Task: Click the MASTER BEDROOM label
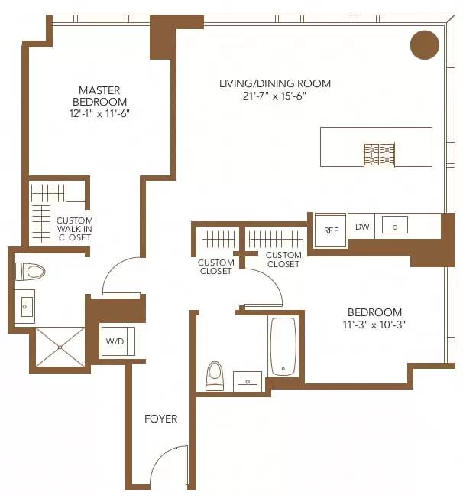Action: pyautogui.click(x=100, y=96)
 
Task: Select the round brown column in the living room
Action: pyautogui.click(x=425, y=44)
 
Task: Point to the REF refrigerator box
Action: pyautogui.click(x=331, y=230)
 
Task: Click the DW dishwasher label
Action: pyautogui.click(x=362, y=227)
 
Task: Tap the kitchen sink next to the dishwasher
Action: pyautogui.click(x=395, y=225)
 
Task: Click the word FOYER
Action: pyautogui.click(x=160, y=419)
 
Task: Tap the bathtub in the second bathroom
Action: pyautogui.click(x=283, y=346)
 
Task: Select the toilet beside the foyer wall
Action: pyautogui.click(x=215, y=374)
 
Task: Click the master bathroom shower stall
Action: pyautogui.click(x=60, y=348)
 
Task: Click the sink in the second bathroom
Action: pyautogui.click(x=248, y=380)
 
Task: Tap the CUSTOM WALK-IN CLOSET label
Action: pyautogui.click(x=74, y=229)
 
